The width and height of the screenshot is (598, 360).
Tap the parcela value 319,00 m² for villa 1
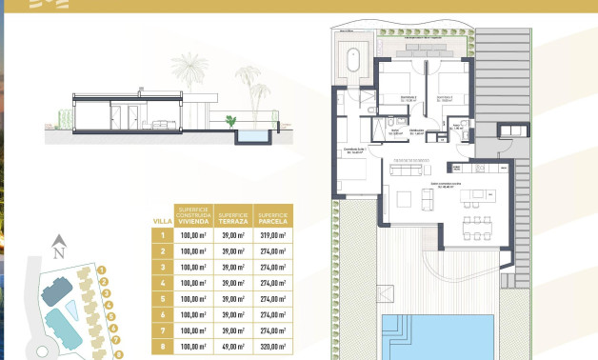tap(275, 235)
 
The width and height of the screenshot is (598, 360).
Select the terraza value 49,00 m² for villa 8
tap(233, 350)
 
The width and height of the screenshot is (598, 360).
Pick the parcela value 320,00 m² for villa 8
tap(275, 350)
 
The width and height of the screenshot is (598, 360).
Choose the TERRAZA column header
tap(233, 216)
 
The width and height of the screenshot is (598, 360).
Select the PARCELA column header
tap(275, 216)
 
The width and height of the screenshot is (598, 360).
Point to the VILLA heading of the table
tap(163, 221)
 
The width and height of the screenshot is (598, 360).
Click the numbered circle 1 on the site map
tap(102, 270)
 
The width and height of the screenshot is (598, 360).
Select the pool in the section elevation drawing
tap(252, 136)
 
